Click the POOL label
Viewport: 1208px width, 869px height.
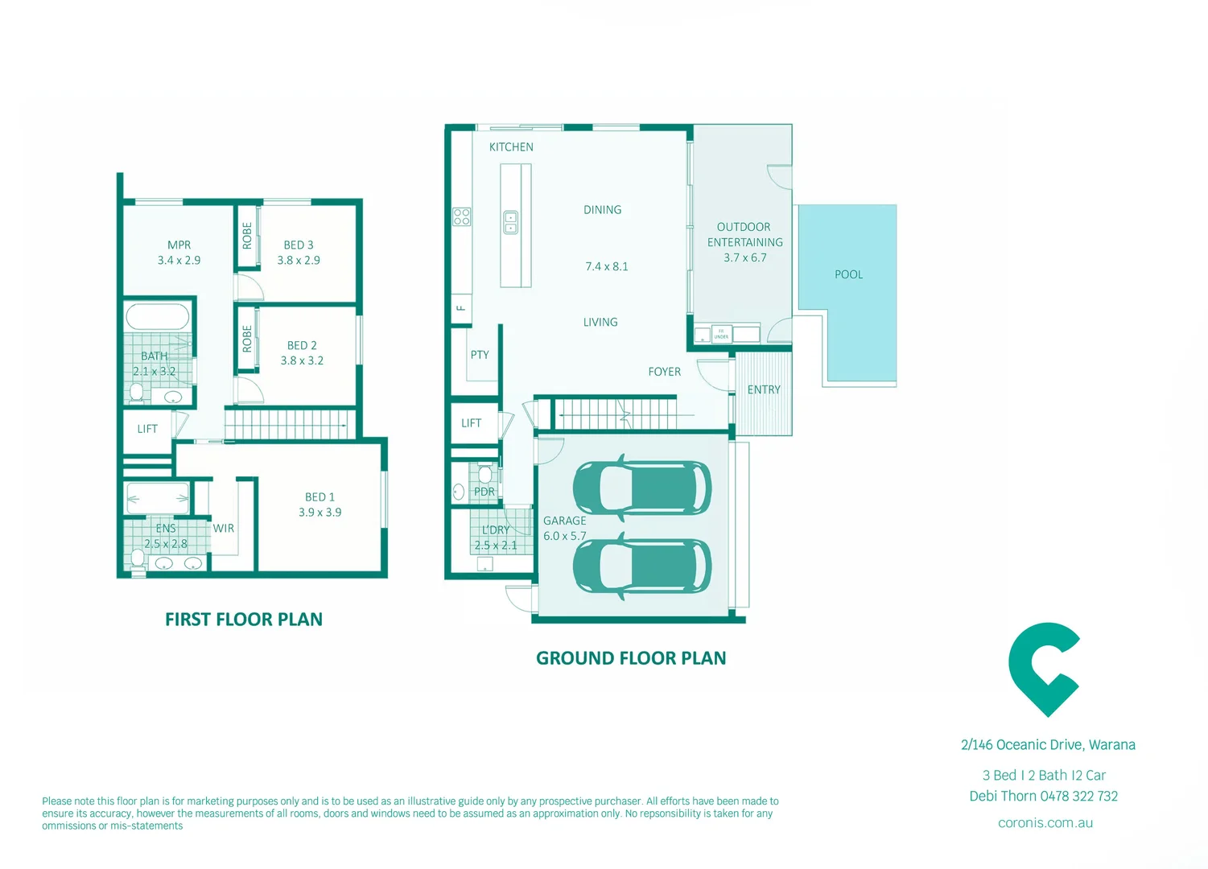(848, 274)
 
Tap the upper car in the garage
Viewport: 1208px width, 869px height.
(641, 488)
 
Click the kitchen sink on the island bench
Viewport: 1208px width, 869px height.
(511, 222)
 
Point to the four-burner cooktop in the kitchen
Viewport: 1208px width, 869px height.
(461, 216)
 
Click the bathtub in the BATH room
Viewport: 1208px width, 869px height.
(158, 317)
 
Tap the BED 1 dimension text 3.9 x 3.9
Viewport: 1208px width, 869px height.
(320, 513)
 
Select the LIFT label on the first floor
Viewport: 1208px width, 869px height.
(147, 429)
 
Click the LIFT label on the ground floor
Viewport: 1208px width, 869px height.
(472, 423)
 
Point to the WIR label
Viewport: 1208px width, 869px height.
(224, 529)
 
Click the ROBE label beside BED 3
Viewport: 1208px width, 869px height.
(247, 236)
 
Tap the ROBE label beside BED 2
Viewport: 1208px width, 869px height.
(247, 339)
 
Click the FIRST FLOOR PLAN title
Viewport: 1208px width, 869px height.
(244, 620)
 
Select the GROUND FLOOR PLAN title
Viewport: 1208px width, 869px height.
(631, 658)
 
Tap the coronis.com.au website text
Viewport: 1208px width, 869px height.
(1045, 822)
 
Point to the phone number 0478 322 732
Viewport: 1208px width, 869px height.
(1078, 796)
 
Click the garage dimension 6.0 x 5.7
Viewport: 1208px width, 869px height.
(564, 536)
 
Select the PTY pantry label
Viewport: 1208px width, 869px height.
(480, 355)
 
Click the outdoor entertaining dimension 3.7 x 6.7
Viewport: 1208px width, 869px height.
(744, 257)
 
